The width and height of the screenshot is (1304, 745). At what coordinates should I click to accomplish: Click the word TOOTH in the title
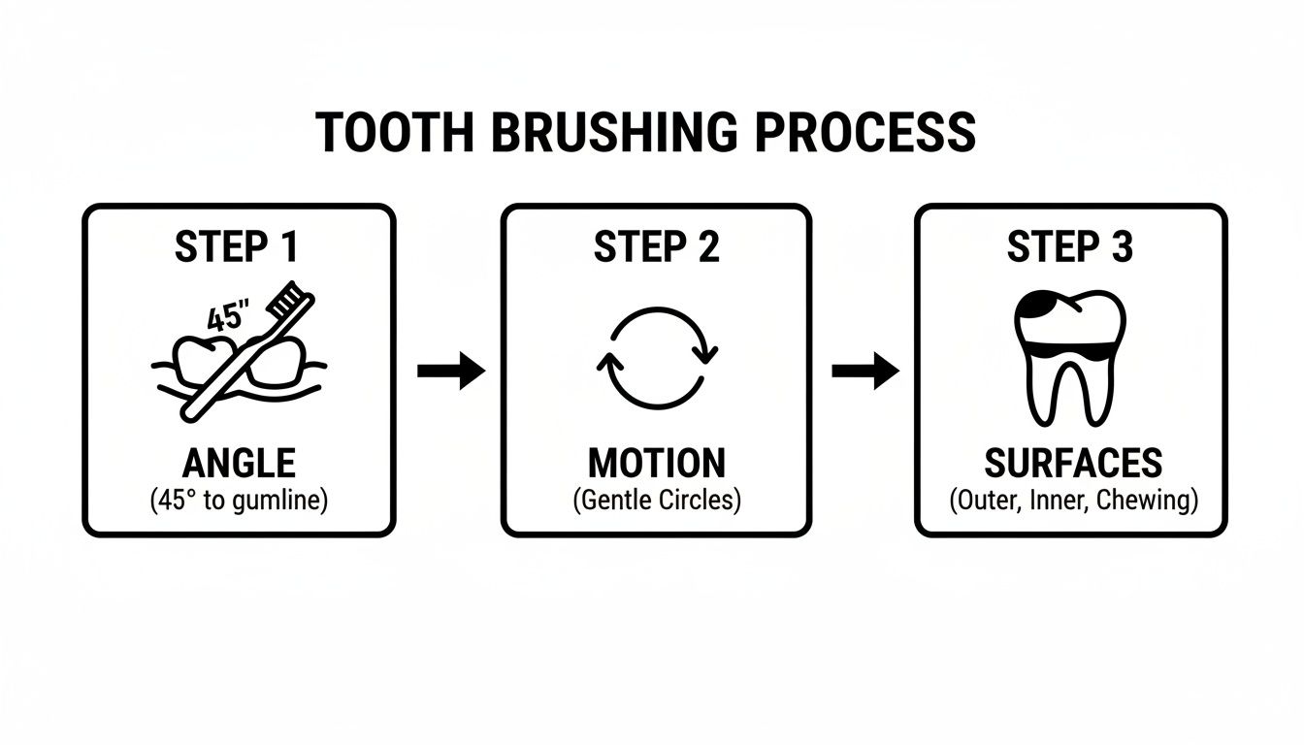coord(396,134)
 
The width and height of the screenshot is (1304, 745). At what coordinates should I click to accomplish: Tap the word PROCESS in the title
coord(864,134)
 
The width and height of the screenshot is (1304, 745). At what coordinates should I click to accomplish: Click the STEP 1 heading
coord(238,247)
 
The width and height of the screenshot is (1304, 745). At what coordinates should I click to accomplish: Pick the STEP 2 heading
coord(656,247)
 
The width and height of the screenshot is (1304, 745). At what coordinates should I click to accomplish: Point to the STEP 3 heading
coord(1070,247)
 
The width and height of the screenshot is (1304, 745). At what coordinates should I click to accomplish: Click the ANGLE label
coord(239,464)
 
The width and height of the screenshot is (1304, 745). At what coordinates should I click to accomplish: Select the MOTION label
coord(656,464)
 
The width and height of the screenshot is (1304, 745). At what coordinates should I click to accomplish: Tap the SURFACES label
coord(1072,464)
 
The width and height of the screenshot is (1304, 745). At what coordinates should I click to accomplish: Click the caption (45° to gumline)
coord(239,502)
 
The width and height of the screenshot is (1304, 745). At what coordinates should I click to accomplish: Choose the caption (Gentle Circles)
coord(656,502)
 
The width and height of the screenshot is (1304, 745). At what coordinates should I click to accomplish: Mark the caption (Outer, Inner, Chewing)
coord(1072,502)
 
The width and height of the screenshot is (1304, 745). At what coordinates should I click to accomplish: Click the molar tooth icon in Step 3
coord(1070,355)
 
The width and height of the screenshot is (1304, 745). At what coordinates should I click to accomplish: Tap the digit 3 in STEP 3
coord(1122,247)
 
